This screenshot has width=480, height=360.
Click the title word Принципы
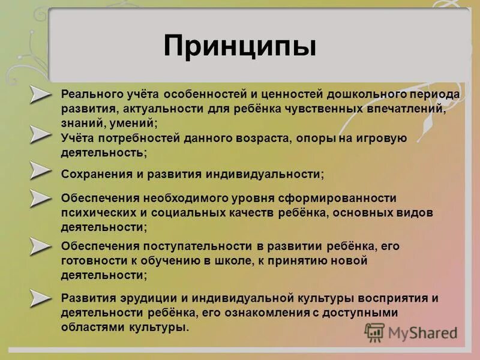point(239,46)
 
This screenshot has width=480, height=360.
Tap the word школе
point(233,261)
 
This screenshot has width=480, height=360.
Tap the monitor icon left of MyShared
point(375,332)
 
